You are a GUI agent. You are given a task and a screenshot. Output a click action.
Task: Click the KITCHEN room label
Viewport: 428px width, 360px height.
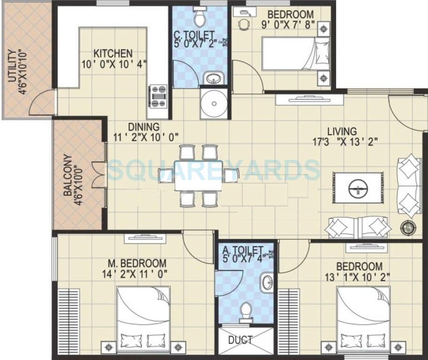tap(113, 53)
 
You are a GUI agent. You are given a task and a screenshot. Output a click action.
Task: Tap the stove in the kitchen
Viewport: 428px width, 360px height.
tap(158, 96)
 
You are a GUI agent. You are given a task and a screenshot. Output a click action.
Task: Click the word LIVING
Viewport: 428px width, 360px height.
tap(342, 132)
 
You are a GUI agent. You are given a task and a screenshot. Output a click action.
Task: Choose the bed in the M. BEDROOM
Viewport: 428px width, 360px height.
tap(143, 319)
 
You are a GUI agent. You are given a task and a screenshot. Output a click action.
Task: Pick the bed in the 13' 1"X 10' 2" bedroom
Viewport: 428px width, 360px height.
tap(363, 319)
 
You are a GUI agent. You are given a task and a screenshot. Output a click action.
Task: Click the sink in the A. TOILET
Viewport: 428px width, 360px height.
tap(267, 283)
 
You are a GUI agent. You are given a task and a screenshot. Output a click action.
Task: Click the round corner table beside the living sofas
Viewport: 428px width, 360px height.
tap(408, 228)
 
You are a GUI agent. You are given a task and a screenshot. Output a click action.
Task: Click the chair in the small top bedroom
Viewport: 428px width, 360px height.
tap(244, 24)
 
